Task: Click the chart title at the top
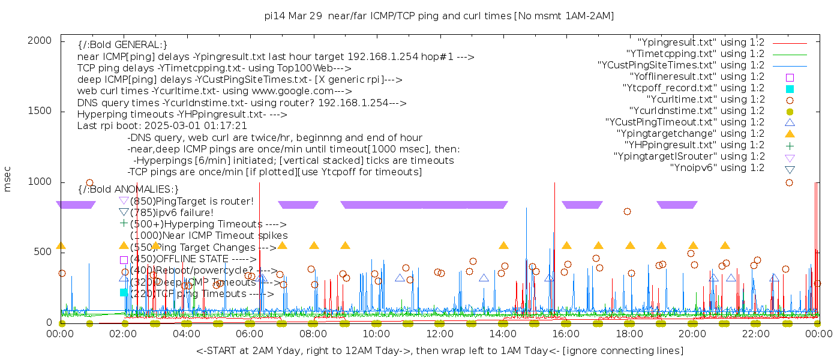point(439,16)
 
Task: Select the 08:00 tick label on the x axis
point(313,334)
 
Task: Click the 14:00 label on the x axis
point(502,334)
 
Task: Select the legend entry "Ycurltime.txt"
point(706,99)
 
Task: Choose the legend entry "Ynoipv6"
point(717,167)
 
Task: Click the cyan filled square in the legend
point(790,88)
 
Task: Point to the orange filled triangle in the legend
point(790,133)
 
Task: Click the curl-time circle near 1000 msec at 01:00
point(89,183)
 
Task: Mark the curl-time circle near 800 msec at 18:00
point(627,211)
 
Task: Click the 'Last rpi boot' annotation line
point(162,126)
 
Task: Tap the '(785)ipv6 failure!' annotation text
point(172,212)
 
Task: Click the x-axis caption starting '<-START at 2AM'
point(439,350)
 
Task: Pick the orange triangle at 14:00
point(503,245)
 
